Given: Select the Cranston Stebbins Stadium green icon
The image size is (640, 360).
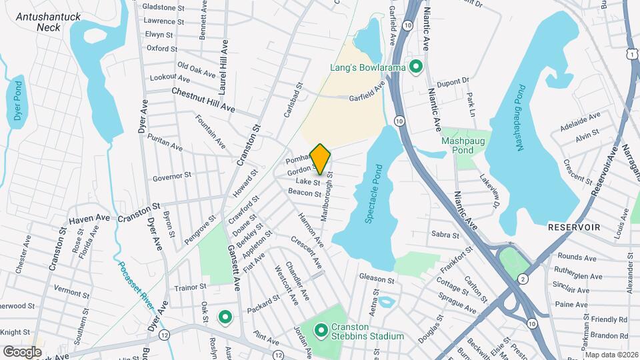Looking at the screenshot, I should coord(321,329).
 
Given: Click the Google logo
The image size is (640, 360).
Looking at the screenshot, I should coord(22,351).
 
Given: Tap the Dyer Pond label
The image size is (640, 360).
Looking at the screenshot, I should coord(18,101).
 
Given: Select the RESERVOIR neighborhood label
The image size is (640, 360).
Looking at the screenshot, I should coord(574,227).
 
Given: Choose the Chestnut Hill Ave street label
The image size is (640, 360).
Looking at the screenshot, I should coord(203,99).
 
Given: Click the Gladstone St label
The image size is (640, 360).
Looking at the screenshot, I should coord(163,7).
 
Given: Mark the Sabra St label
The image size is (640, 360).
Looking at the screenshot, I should coord(445,235).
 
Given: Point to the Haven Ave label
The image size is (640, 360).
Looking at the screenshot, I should coord(89,218).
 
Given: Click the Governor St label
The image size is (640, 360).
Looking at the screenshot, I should coord(171,177).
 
